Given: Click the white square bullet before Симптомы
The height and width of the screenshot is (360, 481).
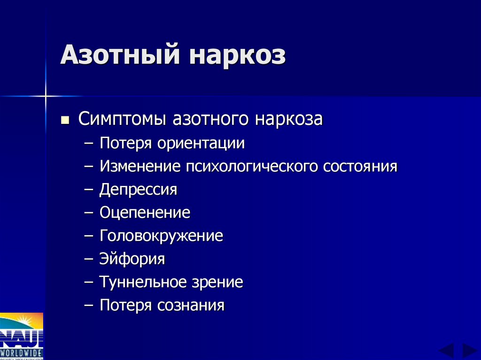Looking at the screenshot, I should (x=65, y=120).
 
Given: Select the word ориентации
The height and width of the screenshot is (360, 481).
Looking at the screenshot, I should (x=201, y=143).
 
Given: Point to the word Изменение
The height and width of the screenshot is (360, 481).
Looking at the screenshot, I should (x=140, y=166).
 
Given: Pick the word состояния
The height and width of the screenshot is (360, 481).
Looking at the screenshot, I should (x=360, y=166).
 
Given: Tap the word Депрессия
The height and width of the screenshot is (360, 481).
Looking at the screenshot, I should (x=138, y=190).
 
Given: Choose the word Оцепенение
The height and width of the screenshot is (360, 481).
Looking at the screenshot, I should (x=145, y=213).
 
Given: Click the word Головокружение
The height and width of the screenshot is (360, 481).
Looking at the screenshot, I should (x=161, y=236).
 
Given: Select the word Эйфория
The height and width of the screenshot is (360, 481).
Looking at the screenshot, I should (x=132, y=259).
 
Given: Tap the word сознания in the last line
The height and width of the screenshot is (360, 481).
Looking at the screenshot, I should (x=191, y=306).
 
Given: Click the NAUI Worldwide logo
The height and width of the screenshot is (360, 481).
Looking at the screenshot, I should (x=22, y=336).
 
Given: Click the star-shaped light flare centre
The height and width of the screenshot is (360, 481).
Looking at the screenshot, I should (x=46, y=96).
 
